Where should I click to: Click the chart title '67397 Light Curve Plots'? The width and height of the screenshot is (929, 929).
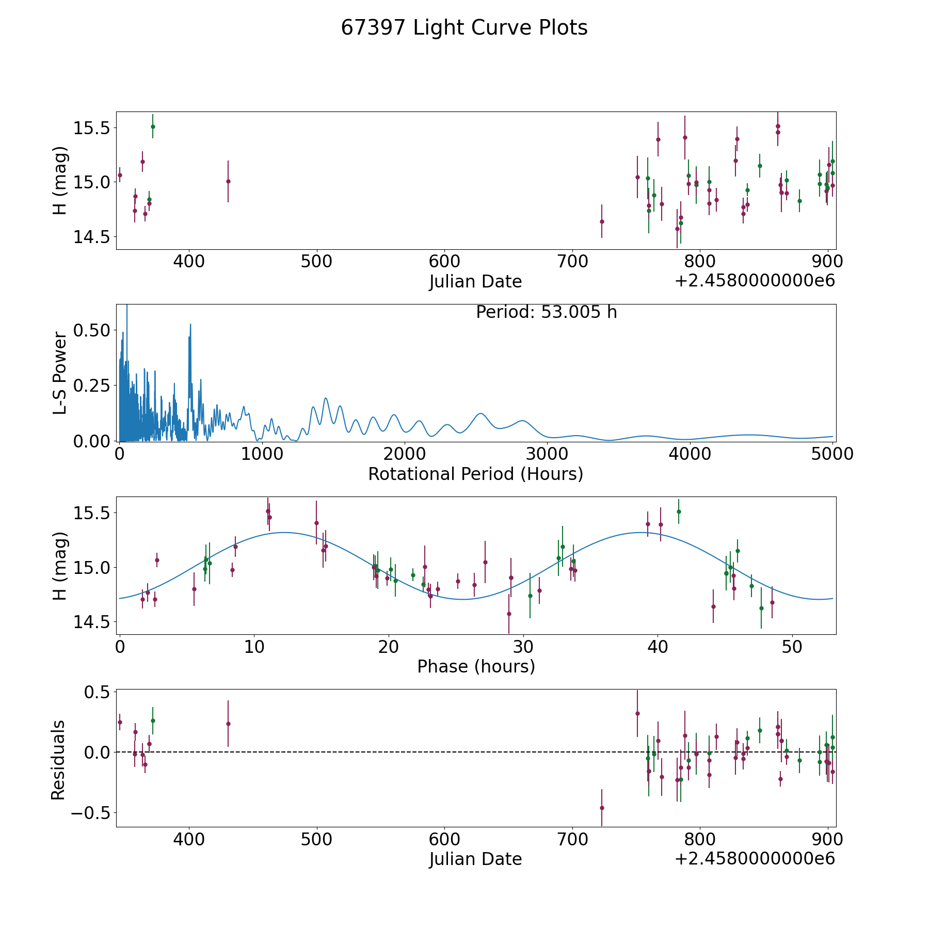[x=464, y=28]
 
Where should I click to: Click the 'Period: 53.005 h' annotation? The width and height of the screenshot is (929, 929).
[x=546, y=312]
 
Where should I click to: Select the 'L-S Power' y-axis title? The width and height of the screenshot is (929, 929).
[x=60, y=373]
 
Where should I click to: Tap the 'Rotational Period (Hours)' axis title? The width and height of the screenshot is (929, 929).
[x=475, y=474]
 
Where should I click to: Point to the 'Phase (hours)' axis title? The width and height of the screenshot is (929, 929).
[x=476, y=666]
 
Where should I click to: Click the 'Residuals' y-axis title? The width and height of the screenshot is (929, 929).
[x=58, y=760]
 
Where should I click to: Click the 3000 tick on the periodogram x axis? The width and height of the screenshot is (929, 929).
[x=547, y=454]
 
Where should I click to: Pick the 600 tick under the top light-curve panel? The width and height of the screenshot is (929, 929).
[x=444, y=261]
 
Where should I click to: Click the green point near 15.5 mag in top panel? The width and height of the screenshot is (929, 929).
[x=153, y=126]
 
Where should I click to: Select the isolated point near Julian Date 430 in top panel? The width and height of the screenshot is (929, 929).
[x=228, y=181]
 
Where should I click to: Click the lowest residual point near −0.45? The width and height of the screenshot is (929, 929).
[x=601, y=808]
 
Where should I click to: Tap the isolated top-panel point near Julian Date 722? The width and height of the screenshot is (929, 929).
[x=601, y=221]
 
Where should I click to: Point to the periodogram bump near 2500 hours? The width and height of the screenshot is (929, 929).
[x=481, y=413]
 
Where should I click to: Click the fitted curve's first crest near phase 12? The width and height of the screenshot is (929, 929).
[x=283, y=532]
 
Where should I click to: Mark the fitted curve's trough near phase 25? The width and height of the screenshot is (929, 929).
[x=463, y=599]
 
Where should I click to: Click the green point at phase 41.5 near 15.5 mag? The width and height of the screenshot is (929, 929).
[x=679, y=511]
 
